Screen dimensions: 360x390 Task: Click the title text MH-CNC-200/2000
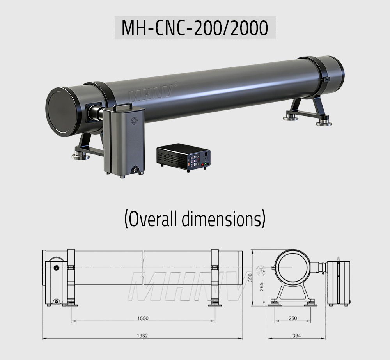coord(195,28)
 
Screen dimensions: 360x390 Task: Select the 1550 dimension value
coord(143,318)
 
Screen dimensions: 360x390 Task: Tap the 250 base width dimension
coord(292,318)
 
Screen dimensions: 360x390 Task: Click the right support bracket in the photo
coord(308,111)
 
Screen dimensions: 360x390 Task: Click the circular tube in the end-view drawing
coord(292,266)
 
